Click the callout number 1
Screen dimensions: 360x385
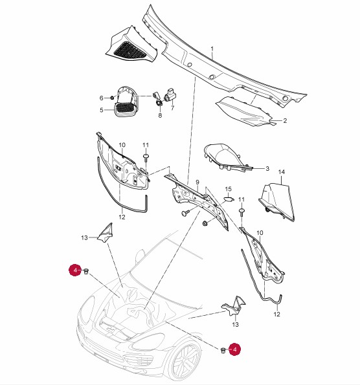pyautogui.click(x=212, y=49)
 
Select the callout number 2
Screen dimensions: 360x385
pyautogui.click(x=285, y=120)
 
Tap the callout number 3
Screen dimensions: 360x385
pyautogui.click(x=267, y=168)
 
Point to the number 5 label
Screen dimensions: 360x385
pyautogui.click(x=102, y=110)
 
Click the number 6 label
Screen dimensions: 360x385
pyautogui.click(x=102, y=98)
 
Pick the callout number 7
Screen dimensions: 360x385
pyautogui.click(x=172, y=108)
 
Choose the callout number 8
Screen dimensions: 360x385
pyautogui.click(x=160, y=115)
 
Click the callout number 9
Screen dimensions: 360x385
pyautogui.click(x=197, y=182)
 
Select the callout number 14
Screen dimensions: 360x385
pyautogui.click(x=282, y=172)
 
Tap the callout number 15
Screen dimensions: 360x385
pyautogui.click(x=229, y=189)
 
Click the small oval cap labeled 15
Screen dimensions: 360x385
pyautogui.click(x=229, y=199)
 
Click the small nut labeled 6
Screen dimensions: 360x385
pyautogui.click(x=111, y=98)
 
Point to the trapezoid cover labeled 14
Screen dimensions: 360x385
pyautogui.click(x=277, y=201)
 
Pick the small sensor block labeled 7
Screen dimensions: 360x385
pyautogui.click(x=170, y=95)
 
